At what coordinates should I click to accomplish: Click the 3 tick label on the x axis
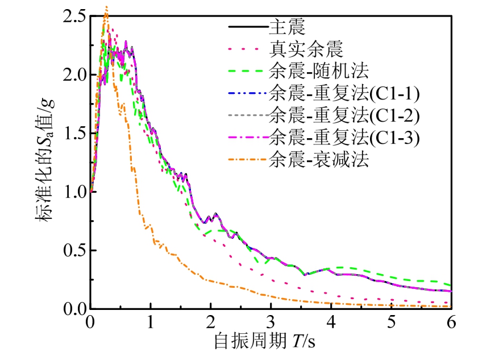271,322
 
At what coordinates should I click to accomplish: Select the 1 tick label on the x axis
151,322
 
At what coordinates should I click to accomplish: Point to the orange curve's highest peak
106,6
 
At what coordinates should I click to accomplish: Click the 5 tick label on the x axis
392,322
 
